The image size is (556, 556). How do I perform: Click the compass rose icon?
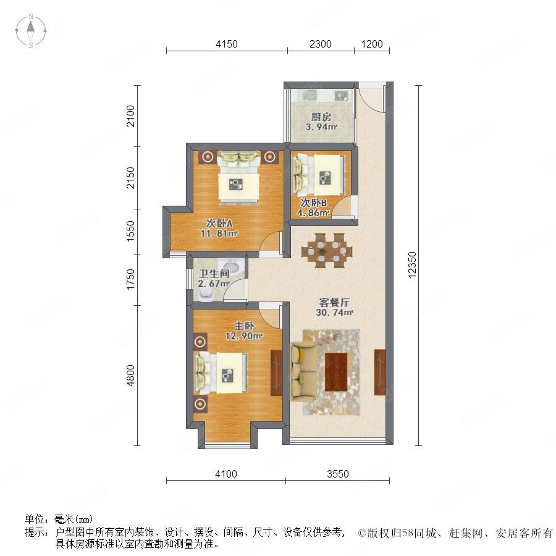pyautogui.click(x=31, y=31)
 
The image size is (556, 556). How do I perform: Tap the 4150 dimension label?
pyautogui.click(x=227, y=44)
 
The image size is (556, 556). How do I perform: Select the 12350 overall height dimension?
pyautogui.click(x=411, y=265)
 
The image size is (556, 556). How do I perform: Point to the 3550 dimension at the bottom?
pyautogui.click(x=337, y=474)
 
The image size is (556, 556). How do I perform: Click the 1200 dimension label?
pyautogui.click(x=372, y=44)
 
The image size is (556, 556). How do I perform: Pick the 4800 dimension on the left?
pyautogui.click(x=130, y=375)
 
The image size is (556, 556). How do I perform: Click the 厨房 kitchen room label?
pyautogui.click(x=321, y=117)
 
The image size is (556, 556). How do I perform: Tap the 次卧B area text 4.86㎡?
pyautogui.click(x=313, y=213)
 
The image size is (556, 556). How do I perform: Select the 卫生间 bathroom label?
pyautogui.click(x=214, y=274)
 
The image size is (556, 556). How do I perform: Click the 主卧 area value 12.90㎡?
pyautogui.click(x=243, y=335)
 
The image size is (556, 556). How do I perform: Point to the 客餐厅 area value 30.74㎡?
pyautogui.click(x=334, y=313)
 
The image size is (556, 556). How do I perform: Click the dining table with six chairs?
pyautogui.click(x=327, y=250)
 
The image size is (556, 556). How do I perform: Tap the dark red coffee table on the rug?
pyautogui.click(x=336, y=372)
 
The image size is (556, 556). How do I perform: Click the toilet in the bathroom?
pyautogui.click(x=206, y=293)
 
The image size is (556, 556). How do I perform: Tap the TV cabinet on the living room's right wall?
pyautogui.click(x=379, y=372)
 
